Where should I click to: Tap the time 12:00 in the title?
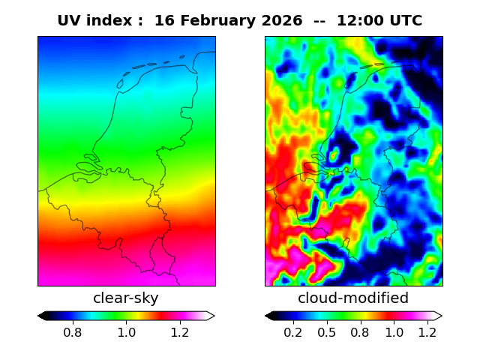click(x=360, y=21)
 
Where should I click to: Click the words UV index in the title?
click(x=95, y=21)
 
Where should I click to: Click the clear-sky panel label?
click(x=126, y=298)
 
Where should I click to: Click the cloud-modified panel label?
click(x=353, y=298)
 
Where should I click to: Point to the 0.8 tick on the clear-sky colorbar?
click(x=73, y=332)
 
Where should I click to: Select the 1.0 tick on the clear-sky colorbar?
click(x=127, y=332)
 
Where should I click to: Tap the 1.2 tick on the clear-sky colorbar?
click(x=180, y=332)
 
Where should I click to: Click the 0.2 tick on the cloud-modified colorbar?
click(x=293, y=332)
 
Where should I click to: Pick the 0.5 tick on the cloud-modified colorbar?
click(x=327, y=332)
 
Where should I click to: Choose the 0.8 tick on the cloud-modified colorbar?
click(x=361, y=332)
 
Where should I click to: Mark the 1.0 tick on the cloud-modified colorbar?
click(x=394, y=332)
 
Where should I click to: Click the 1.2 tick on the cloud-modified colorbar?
click(x=427, y=332)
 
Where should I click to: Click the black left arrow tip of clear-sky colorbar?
click(x=38, y=316)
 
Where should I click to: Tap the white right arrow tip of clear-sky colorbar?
click(x=215, y=316)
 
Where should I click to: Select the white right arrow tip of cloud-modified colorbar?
click(x=442, y=316)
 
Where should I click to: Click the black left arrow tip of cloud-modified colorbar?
click(x=265, y=316)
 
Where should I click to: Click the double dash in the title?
click(x=319, y=22)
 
